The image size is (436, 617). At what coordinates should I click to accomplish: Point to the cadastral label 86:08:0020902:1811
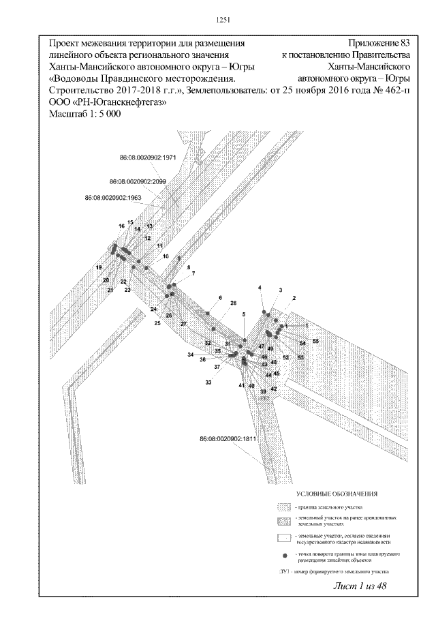click(228, 439)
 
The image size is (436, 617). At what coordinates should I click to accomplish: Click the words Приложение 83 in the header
click(378, 43)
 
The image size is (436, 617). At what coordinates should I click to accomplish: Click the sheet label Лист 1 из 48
click(360, 588)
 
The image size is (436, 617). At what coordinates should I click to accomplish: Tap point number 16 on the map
click(121, 226)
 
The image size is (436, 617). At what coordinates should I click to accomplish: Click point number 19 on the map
click(98, 267)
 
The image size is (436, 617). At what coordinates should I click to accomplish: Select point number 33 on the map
click(208, 382)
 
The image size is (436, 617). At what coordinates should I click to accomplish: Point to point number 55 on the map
click(315, 340)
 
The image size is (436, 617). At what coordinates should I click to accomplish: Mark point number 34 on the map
click(191, 356)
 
